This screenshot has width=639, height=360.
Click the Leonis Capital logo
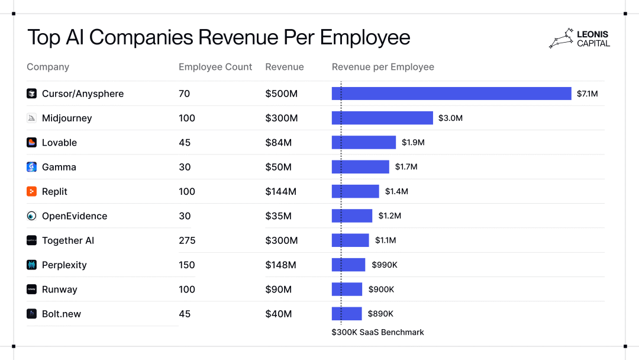pyautogui.click(x=579, y=38)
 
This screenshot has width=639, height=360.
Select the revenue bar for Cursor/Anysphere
pyautogui.click(x=451, y=94)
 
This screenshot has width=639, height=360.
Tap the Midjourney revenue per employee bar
pyautogui.click(x=382, y=118)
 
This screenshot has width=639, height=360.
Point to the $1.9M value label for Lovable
pyautogui.click(x=413, y=143)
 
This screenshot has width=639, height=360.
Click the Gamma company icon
pyautogui.click(x=32, y=167)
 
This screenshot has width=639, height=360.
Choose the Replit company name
pyautogui.click(x=54, y=192)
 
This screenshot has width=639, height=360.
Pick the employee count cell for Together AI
pyautogui.click(x=187, y=240)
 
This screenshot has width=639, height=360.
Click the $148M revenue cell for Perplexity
pyautogui.click(x=280, y=265)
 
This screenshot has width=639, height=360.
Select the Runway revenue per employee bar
pyautogui.click(x=347, y=289)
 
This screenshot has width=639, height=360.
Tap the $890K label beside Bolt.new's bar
pyautogui.click(x=380, y=314)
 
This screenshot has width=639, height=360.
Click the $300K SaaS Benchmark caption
pyautogui.click(x=377, y=332)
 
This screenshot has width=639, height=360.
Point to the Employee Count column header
pyautogui.click(x=215, y=67)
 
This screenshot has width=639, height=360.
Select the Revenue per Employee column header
pyautogui.click(x=383, y=67)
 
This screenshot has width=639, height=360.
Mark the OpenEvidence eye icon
pyautogui.click(x=32, y=216)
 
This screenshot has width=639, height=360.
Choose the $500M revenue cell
pyautogui.click(x=281, y=94)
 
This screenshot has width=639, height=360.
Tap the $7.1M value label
pyautogui.click(x=587, y=94)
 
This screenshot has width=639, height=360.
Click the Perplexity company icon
pyautogui.click(x=32, y=265)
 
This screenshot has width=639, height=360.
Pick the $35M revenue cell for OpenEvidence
pyautogui.click(x=278, y=216)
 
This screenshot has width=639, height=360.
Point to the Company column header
pyautogui.click(x=48, y=67)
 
